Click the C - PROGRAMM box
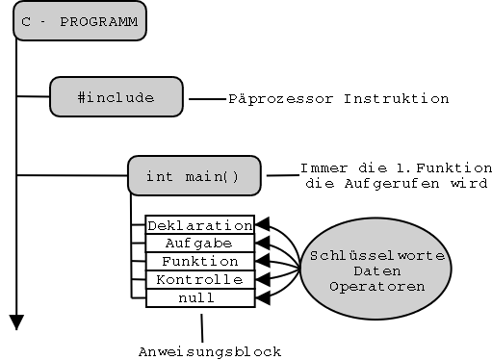79,20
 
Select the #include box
116,97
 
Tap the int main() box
194,176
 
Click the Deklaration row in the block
199,224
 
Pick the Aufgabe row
199,243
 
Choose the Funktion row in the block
199,261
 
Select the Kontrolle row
199,279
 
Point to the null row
199,297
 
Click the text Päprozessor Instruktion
338,98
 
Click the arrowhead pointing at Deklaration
261,224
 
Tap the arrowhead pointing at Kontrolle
261,279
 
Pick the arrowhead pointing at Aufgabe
261,243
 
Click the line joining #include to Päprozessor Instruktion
206,98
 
